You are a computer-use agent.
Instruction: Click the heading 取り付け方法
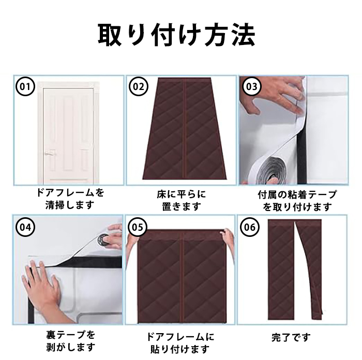(177, 35)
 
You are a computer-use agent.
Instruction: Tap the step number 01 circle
(25, 86)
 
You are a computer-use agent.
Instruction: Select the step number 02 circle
(138, 86)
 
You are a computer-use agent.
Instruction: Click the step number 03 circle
(252, 86)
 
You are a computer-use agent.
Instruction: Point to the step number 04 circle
(25, 227)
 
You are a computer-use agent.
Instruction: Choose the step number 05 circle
(138, 227)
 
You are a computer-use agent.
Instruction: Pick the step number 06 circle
(250, 227)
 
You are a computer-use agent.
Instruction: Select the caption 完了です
(291, 337)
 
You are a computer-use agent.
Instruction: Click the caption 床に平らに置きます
(181, 200)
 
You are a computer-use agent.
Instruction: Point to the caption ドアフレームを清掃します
(70, 198)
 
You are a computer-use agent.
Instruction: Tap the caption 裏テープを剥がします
(70, 340)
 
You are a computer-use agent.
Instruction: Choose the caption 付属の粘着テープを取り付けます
(297, 201)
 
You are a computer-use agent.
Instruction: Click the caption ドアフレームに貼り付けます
(180, 343)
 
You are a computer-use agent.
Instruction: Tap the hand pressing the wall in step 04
(44, 291)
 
